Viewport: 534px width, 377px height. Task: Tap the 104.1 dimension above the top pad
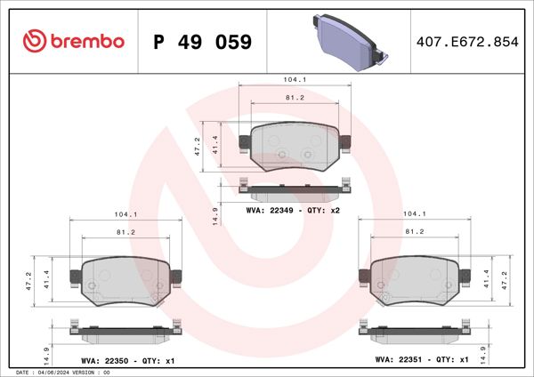point(295,80)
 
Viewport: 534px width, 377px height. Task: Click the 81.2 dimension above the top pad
point(295,98)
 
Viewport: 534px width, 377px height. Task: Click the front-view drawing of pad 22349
point(295,147)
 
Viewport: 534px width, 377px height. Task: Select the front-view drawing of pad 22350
point(125,280)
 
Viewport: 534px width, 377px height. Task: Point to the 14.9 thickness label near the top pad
point(215,215)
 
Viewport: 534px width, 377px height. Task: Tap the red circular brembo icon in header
point(34,41)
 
